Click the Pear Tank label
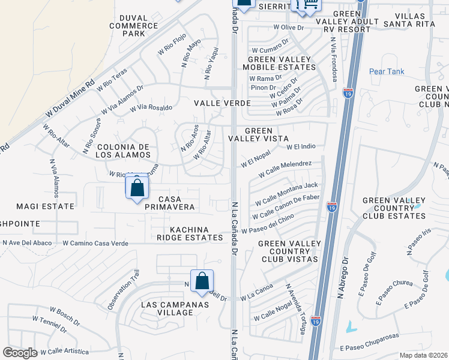(x=387, y=71)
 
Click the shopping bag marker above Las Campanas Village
(x=202, y=280)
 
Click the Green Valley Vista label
(x=259, y=134)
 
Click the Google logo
(x=20, y=353)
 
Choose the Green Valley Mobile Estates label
(x=276, y=63)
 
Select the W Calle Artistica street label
(x=61, y=351)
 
